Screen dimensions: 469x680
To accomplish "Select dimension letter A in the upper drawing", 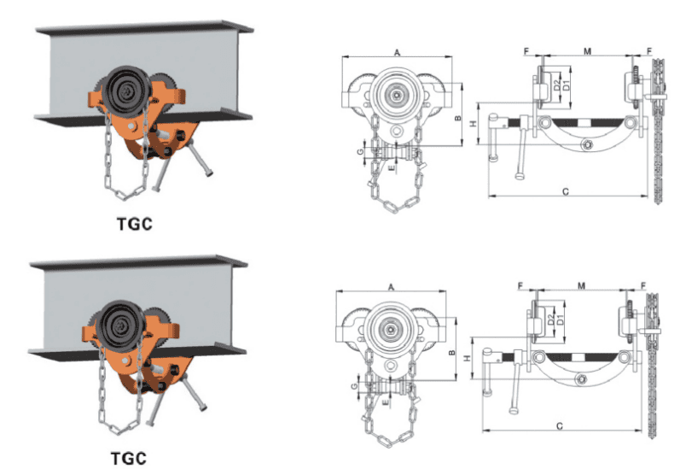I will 398,53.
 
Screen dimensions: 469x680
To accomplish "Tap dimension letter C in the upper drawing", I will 567,191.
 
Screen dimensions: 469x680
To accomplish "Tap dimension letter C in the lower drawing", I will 559,424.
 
